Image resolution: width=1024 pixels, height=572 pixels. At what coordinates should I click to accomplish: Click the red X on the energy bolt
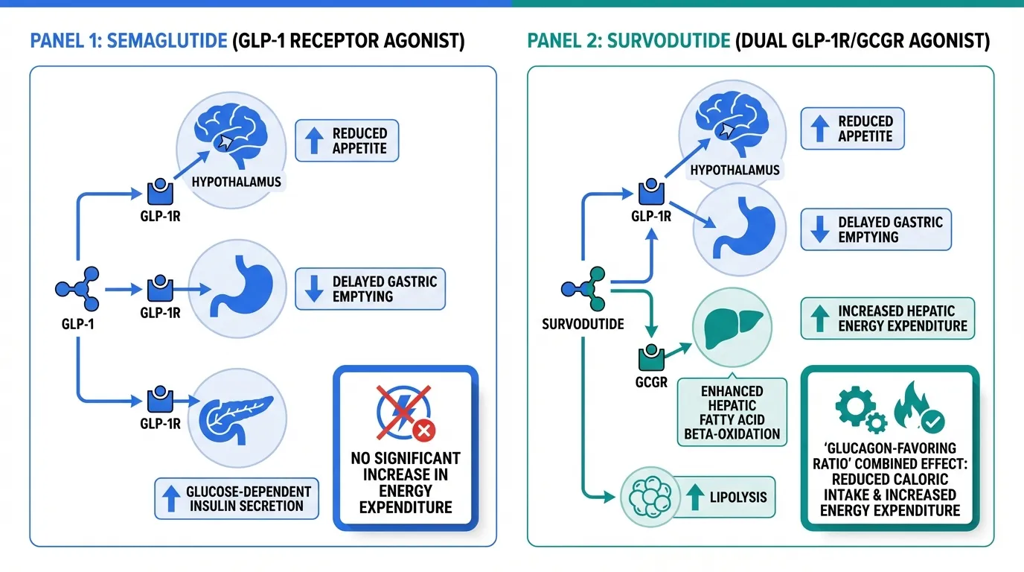424,430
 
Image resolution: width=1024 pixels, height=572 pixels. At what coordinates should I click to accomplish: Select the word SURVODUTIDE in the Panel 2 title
668,40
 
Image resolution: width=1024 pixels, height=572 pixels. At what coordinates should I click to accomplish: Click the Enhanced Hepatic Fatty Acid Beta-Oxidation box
732,412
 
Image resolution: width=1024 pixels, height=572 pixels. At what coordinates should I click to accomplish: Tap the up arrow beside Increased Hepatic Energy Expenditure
820,319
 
